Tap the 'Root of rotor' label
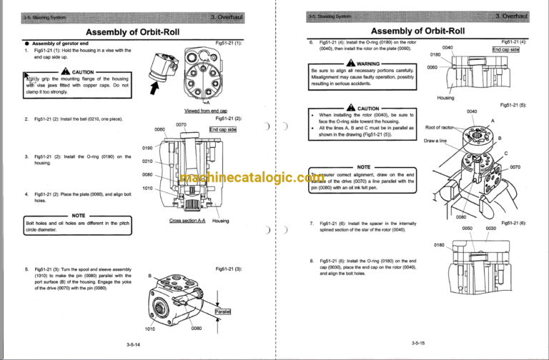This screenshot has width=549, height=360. [x=440, y=127]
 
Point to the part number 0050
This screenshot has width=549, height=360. [x=467, y=228]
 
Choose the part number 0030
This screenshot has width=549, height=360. [x=490, y=228]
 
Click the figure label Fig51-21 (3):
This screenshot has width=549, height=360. [x=228, y=268]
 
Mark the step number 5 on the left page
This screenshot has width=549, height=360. [x=26, y=269]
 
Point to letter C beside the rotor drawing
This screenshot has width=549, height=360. [x=505, y=154]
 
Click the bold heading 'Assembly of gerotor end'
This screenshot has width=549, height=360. [x=57, y=43]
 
